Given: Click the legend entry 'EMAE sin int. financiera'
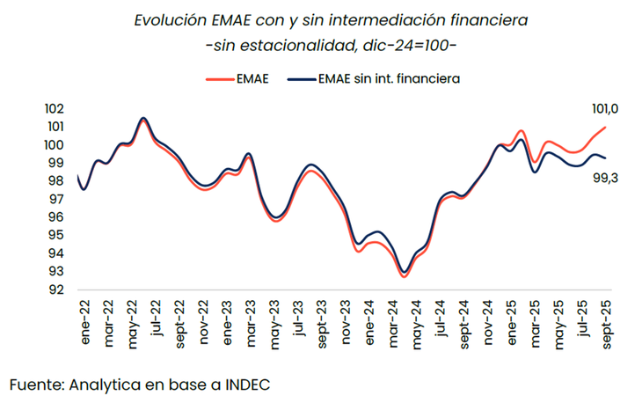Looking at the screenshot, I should click(379, 79).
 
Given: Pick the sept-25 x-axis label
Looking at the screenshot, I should click(606, 323).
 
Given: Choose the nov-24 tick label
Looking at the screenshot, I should click(486, 322).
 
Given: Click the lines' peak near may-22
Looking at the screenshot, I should click(143, 118).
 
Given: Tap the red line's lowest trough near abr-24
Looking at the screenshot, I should click(403, 276).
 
